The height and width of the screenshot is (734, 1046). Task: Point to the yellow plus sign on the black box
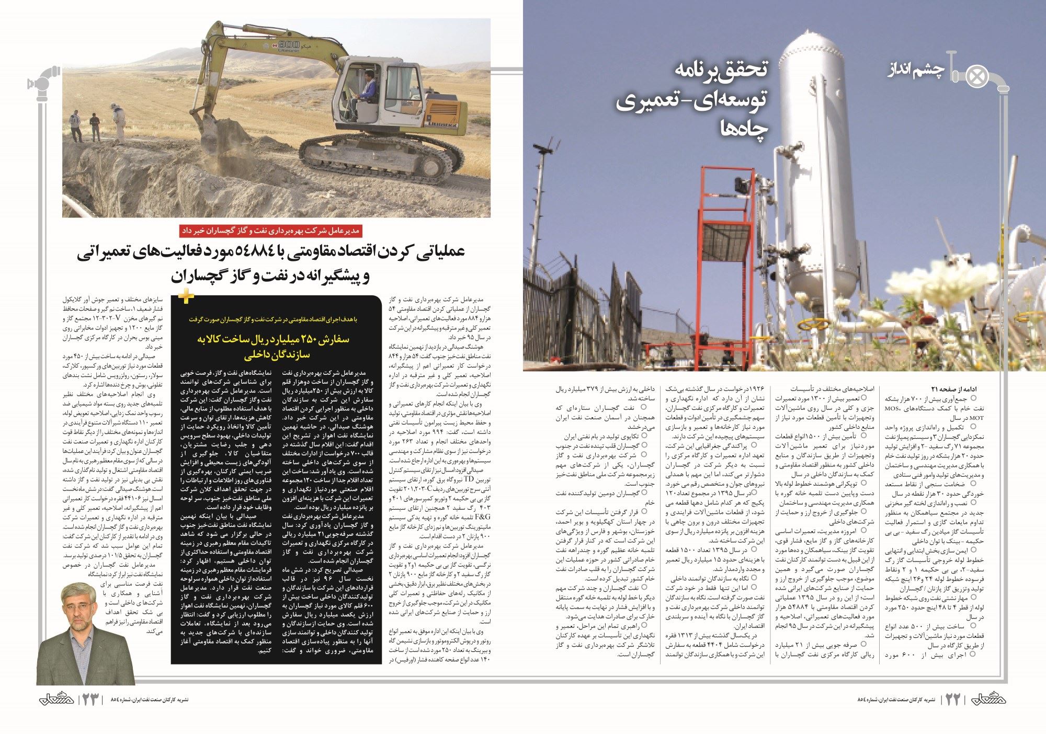186,296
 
